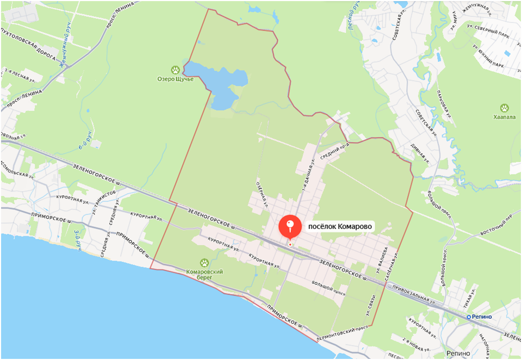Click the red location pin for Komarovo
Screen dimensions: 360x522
tap(289, 226)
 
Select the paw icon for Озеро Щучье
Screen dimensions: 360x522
tap(176, 70)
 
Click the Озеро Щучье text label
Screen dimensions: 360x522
tap(175, 79)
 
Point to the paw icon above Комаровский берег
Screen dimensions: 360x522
tap(204, 263)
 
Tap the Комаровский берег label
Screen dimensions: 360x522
tap(204, 274)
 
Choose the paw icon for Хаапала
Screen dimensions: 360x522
tap(505, 108)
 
